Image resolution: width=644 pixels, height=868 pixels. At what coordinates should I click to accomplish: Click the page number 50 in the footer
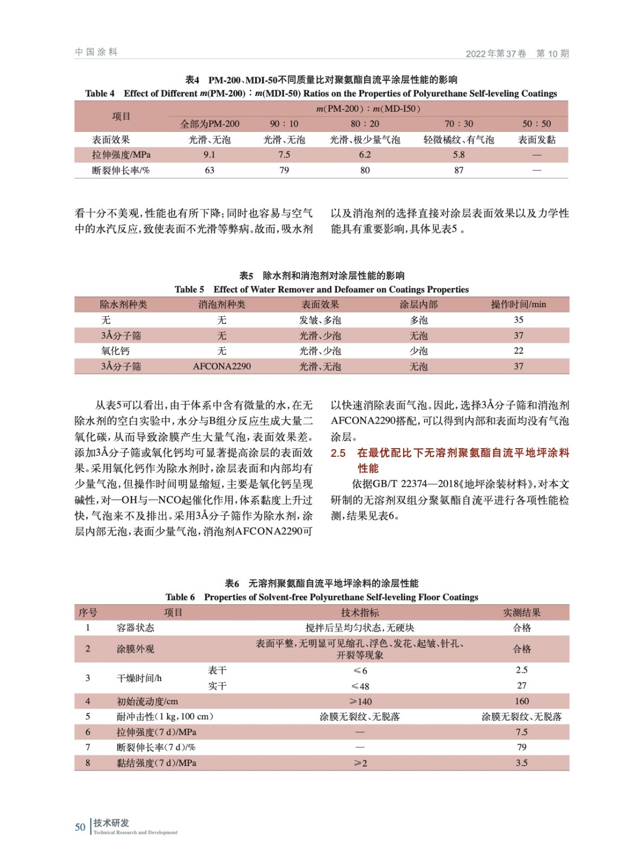pyautogui.click(x=80, y=827)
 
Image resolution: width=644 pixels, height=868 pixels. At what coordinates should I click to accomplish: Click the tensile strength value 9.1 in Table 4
pyautogui.click(x=209, y=155)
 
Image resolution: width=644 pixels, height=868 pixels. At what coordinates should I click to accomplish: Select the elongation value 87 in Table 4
pyautogui.click(x=459, y=170)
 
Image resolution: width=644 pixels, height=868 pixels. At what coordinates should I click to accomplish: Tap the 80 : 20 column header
pyautogui.click(x=365, y=124)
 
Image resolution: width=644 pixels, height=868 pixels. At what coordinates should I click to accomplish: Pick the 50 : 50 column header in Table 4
pyautogui.click(x=537, y=124)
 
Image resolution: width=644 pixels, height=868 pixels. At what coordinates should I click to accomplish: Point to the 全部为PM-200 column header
pyautogui.click(x=209, y=124)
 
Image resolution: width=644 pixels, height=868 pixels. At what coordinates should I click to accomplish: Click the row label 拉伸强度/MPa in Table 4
pyautogui.click(x=121, y=155)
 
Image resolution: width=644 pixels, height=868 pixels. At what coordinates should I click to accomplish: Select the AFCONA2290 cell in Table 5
pyautogui.click(x=222, y=366)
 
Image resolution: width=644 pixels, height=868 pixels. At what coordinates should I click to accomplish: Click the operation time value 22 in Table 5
pyautogui.click(x=519, y=350)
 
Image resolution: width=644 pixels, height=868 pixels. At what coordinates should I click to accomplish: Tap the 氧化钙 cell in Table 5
pyautogui.click(x=115, y=350)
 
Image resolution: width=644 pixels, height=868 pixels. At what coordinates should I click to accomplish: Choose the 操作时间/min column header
pyautogui.click(x=519, y=304)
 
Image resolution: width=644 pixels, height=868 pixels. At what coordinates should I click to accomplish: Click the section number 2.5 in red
pyautogui.click(x=338, y=452)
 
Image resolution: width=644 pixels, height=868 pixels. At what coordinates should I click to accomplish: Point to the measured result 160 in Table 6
pyautogui.click(x=522, y=701)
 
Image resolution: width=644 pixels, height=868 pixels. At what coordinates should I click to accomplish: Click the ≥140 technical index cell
pyautogui.click(x=360, y=701)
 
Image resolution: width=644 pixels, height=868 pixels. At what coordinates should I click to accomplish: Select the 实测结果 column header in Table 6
pyautogui.click(x=522, y=612)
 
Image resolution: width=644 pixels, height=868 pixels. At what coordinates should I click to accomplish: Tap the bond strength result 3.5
pyautogui.click(x=522, y=763)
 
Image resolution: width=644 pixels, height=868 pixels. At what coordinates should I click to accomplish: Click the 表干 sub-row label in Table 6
pyautogui.click(x=217, y=671)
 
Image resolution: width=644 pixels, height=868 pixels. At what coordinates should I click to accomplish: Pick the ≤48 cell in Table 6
pyautogui.click(x=360, y=686)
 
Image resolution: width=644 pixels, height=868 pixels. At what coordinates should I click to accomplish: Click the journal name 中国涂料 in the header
pyautogui.click(x=96, y=52)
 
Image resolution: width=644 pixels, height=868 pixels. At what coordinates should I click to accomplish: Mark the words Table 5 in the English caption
pyautogui.click(x=189, y=289)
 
